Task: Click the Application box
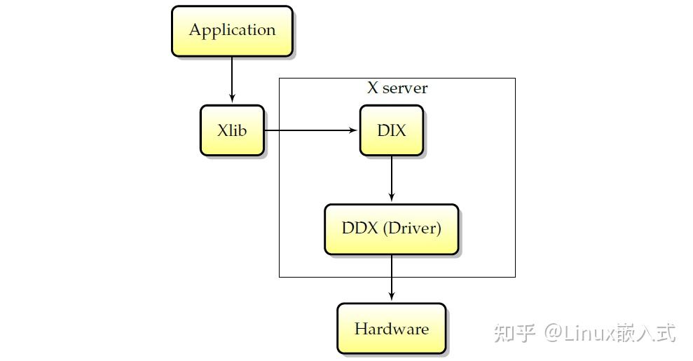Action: (x=232, y=31)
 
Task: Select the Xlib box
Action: (x=232, y=130)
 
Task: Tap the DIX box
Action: (x=391, y=130)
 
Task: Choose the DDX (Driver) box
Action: (x=391, y=229)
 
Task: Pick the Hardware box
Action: (x=391, y=329)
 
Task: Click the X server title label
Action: (x=397, y=88)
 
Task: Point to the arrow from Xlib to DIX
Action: (x=308, y=130)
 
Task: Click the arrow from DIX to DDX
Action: (x=391, y=178)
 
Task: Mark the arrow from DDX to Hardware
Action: (x=391, y=278)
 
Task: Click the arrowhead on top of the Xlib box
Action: (x=232, y=100)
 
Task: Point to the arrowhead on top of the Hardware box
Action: (x=391, y=298)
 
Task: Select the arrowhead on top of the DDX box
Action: (x=391, y=199)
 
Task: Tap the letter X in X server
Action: (x=373, y=88)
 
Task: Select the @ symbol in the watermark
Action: (x=554, y=332)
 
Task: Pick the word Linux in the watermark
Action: (x=589, y=332)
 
